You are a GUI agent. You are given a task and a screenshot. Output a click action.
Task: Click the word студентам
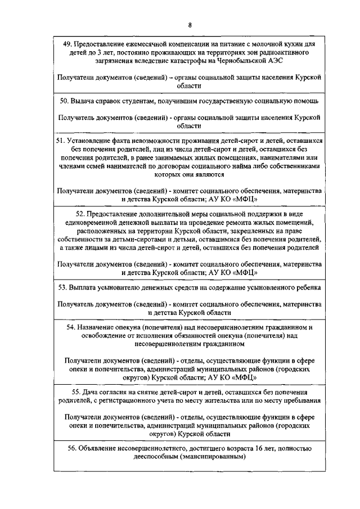[141, 101]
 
